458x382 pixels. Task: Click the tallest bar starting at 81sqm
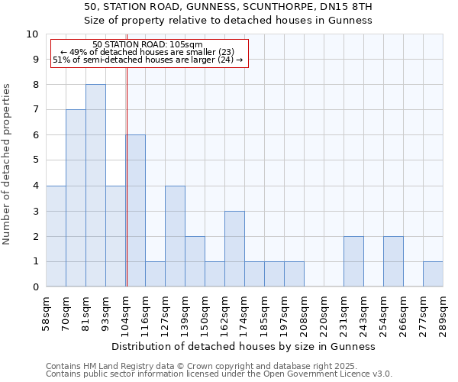tap(95, 186)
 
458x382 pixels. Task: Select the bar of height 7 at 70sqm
tap(76, 198)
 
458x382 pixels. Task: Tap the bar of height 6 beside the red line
tap(136, 211)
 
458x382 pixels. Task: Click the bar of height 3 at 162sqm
tap(234, 249)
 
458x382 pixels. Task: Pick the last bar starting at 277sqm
tap(433, 274)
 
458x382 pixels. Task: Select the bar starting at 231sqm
tap(353, 261)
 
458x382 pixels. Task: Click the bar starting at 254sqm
tap(393, 261)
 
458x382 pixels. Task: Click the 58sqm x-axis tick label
tap(47, 313)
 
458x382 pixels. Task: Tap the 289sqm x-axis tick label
tap(443, 313)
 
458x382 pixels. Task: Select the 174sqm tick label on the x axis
tap(245, 313)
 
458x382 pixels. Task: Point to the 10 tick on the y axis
tap(32, 34)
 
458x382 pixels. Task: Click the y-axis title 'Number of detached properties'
tap(8, 164)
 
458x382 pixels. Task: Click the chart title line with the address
tap(227, 7)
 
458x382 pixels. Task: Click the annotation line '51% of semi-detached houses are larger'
tap(147, 60)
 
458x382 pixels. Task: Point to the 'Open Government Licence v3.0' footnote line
tap(219, 374)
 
